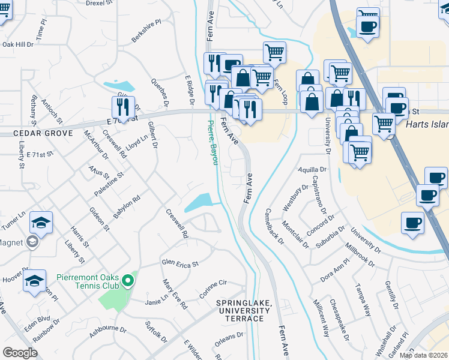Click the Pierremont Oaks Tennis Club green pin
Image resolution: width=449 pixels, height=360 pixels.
[127, 281]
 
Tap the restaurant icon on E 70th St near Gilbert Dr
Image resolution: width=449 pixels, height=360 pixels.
[123, 107]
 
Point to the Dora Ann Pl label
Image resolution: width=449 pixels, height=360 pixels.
[334, 271]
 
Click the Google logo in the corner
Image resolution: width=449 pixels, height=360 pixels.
[20, 353]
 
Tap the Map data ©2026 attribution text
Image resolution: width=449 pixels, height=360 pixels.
[423, 355]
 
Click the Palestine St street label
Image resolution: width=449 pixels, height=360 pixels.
[109, 184]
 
